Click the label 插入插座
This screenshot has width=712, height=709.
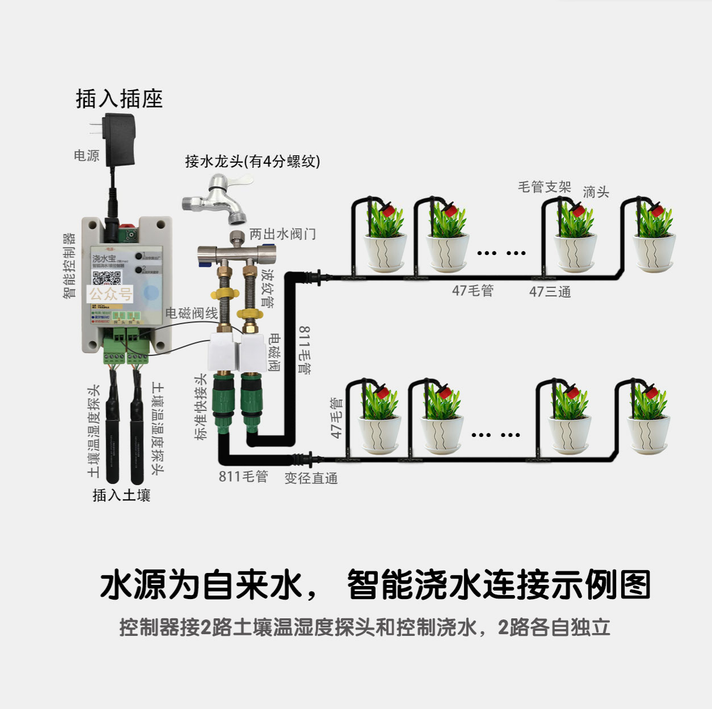pos(119,99)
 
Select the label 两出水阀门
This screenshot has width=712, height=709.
pos(283,234)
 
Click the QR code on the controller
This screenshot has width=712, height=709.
pos(107,278)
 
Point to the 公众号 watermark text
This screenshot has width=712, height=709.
pos(111,294)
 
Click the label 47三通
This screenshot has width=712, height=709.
pos(550,292)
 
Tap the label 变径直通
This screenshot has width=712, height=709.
pos(311,478)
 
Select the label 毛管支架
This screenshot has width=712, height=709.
pos(544,187)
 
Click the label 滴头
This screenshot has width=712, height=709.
pos(596,192)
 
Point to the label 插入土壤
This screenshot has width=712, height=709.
pos(121,495)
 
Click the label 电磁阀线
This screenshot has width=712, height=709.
pos(191,313)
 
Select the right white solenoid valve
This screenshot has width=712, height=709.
pos(252,351)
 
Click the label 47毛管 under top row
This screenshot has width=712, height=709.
pos(473,291)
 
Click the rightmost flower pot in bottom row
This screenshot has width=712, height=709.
pos(648,434)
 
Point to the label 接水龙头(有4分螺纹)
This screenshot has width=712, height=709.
pos(252,162)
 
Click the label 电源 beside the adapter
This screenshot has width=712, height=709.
pos(86,155)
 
